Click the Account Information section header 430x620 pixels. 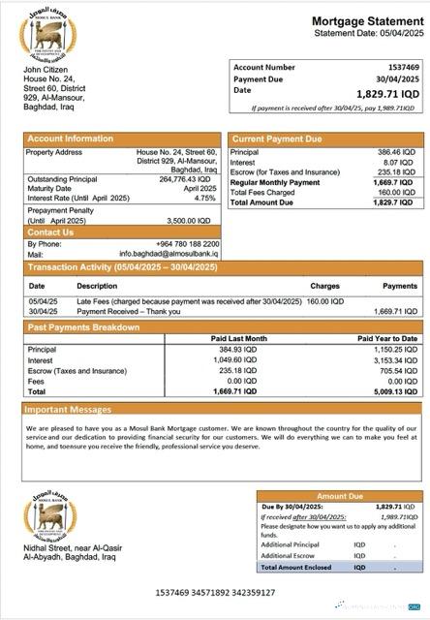click(63, 139)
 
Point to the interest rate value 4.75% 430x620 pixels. click(204, 199)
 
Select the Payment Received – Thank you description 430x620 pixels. click(120, 312)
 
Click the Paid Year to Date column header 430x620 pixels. click(387, 338)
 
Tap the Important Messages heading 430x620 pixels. click(70, 410)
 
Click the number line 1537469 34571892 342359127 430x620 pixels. click(215, 592)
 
